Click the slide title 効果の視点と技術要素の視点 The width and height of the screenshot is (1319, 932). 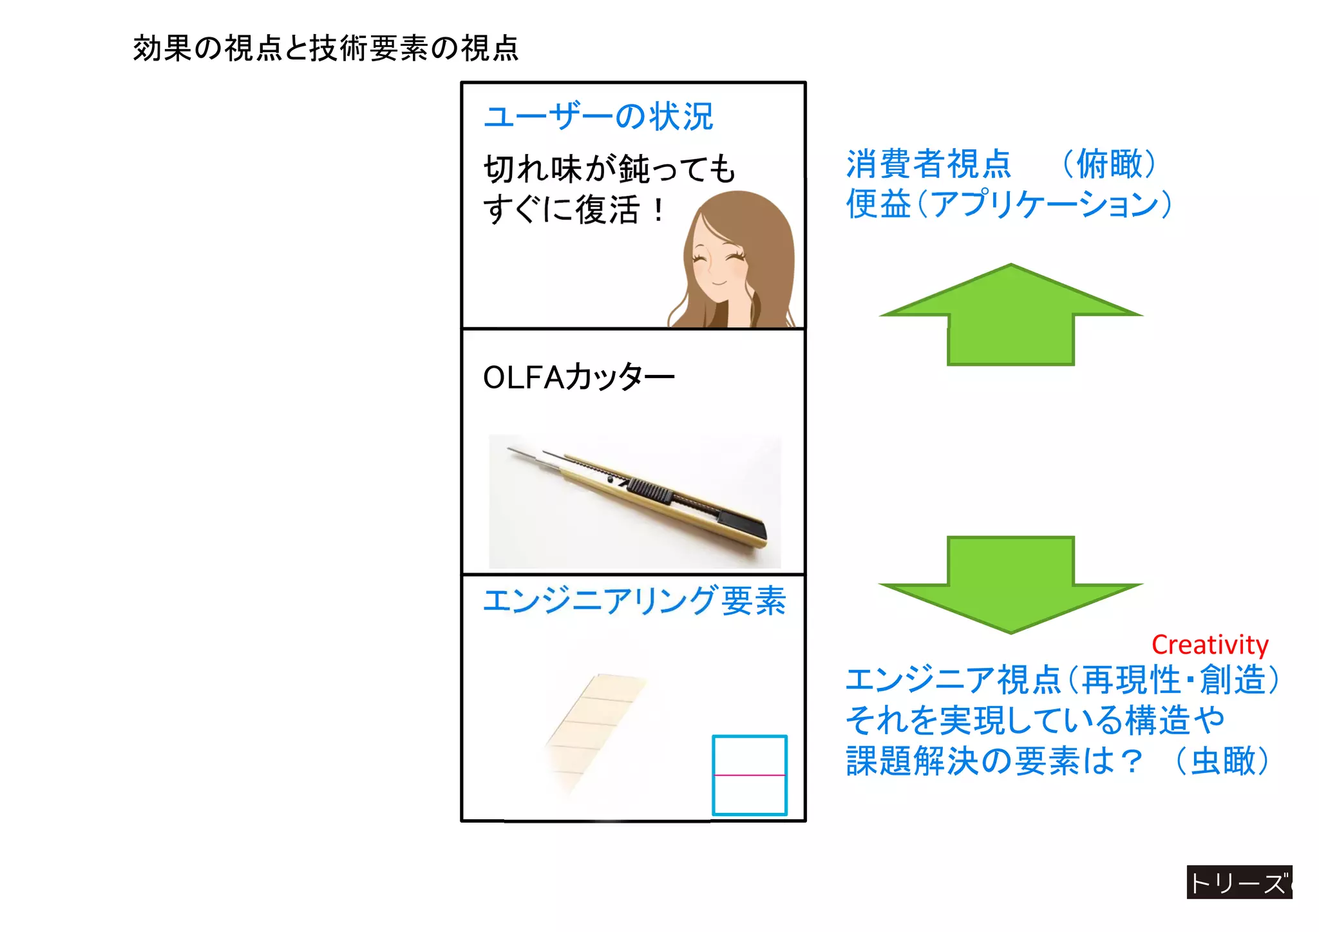(x=325, y=48)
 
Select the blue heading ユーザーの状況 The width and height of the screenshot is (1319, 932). (x=598, y=117)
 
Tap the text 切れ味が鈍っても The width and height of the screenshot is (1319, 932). (x=609, y=169)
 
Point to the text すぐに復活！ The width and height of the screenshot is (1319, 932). (x=574, y=210)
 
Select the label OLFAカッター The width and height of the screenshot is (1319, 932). (x=578, y=377)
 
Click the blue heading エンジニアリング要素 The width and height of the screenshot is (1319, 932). (x=634, y=600)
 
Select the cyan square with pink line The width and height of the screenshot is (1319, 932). (x=750, y=775)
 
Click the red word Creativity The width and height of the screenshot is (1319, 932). (x=1210, y=645)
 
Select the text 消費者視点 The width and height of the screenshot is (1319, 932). (x=928, y=164)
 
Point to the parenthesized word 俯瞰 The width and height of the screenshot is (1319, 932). (x=1108, y=164)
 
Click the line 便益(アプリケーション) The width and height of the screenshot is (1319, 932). (x=1008, y=204)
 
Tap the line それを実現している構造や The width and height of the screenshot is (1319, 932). (x=1034, y=720)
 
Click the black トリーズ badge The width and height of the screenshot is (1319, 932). (x=1238, y=882)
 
